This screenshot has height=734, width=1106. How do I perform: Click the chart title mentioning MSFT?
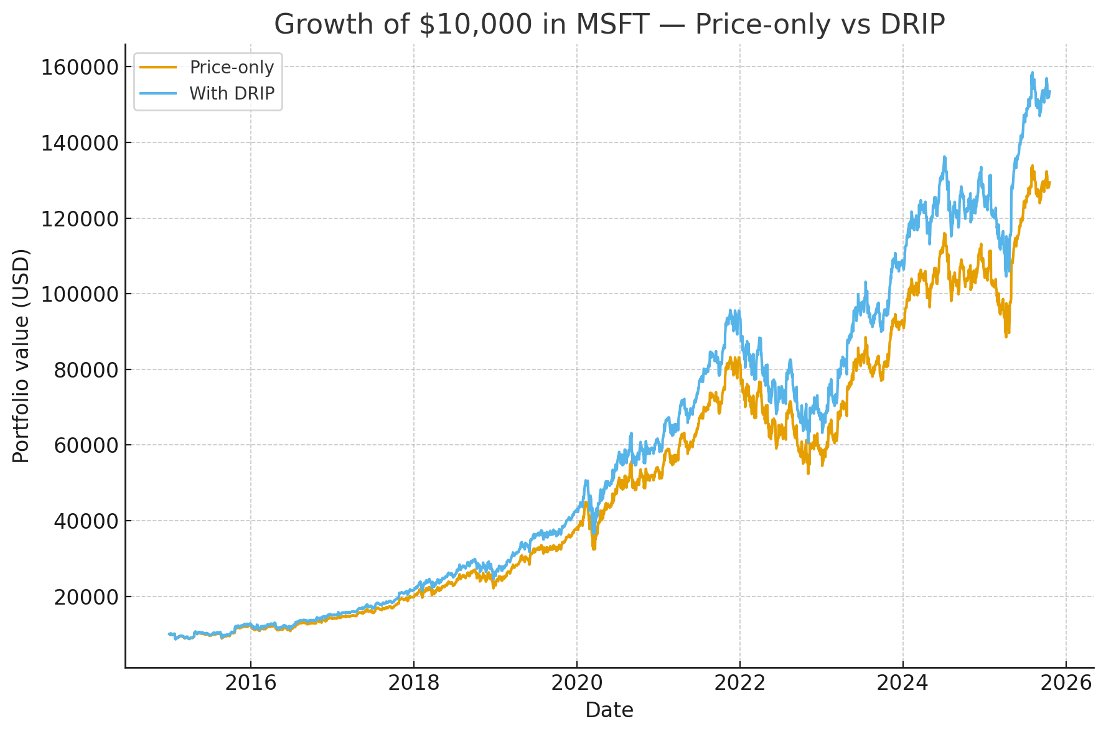pos(609,25)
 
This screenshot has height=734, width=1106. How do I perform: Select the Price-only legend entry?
pos(232,67)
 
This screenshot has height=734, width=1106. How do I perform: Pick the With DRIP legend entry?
pos(232,93)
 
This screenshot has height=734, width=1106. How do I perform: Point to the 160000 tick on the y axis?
pos(79,67)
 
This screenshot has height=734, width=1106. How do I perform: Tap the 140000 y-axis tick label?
pos(79,143)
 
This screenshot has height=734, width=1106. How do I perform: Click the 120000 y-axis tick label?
pos(79,219)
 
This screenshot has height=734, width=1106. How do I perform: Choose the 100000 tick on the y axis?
pos(79,294)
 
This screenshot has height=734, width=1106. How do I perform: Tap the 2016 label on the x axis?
pos(251,683)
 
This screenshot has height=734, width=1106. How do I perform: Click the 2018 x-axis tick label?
pos(414,683)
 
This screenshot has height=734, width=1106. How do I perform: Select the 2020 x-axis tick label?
pos(577,683)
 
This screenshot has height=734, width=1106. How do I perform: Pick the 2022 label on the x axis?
pos(740,683)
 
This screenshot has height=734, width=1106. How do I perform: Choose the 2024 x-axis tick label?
pos(903,683)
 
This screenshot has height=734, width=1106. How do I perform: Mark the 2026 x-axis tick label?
pos(1066,683)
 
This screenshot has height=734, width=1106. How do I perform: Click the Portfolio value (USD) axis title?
pos(21,356)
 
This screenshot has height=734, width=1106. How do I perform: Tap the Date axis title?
pos(609,710)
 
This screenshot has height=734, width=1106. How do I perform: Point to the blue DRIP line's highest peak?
pos(1032,72)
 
